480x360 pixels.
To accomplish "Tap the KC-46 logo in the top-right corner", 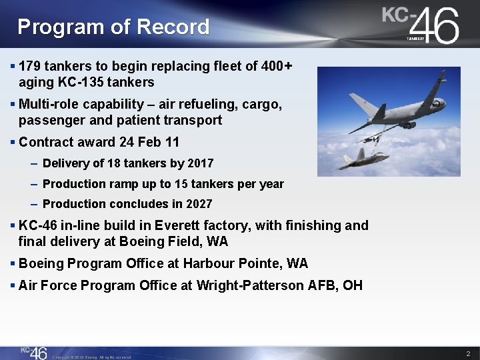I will [421, 25].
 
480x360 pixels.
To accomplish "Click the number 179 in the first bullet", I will [30, 67].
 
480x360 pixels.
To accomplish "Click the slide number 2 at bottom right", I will [468, 353].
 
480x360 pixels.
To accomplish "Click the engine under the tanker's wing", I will [407, 124].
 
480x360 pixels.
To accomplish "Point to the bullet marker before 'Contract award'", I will [13, 143].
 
